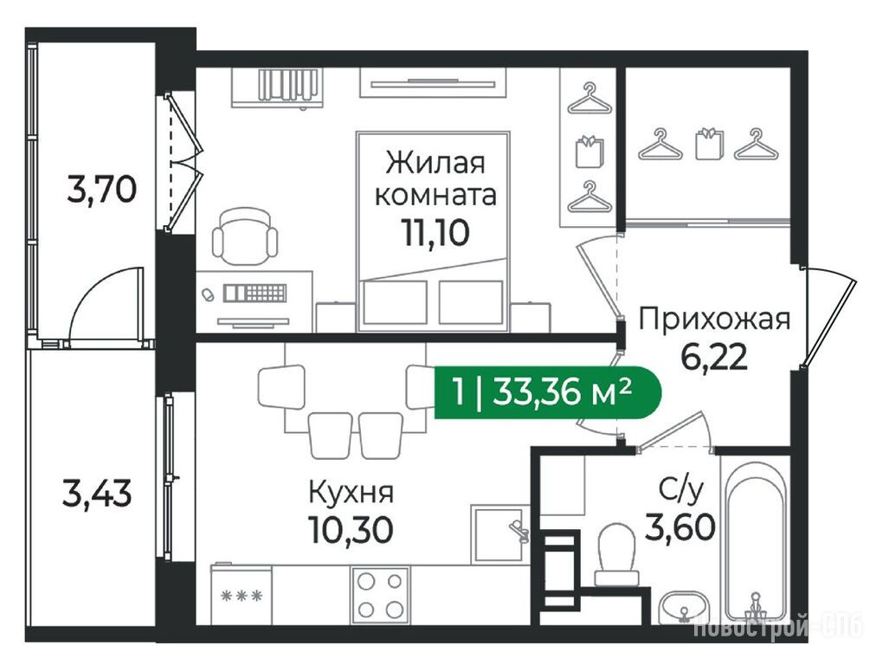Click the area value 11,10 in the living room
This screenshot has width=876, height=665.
[435, 232]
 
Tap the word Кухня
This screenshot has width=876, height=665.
[351, 493]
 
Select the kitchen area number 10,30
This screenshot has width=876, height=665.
[351, 529]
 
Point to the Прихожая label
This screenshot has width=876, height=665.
[714, 320]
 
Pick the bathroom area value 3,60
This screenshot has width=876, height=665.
[680, 527]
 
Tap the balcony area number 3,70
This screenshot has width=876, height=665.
[101, 189]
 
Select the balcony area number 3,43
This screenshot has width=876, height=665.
[97, 494]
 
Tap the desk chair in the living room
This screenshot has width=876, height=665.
[245, 236]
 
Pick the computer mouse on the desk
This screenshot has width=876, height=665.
[208, 294]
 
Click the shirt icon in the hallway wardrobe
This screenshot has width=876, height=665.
[708, 144]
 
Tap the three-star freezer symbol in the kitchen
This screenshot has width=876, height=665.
[242, 596]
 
